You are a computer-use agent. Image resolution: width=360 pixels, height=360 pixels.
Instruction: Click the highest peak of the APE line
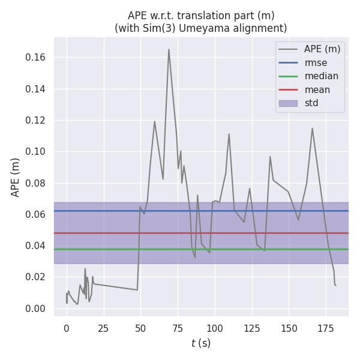pyautogui.click(x=169, y=49)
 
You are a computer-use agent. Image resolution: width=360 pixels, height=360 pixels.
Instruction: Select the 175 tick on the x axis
pyautogui.click(x=326, y=328)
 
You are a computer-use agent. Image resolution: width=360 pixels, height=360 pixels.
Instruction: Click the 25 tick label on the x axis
pyautogui.click(x=104, y=328)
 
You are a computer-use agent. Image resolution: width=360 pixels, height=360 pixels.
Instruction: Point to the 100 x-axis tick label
pyautogui.click(x=215, y=328)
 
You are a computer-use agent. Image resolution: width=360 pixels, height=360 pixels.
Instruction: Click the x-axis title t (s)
pyautogui.click(x=201, y=344)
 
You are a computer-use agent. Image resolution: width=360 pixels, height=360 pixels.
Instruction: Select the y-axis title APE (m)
pyautogui.click(x=16, y=177)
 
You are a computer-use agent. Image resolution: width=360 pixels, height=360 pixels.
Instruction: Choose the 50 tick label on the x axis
pyautogui.click(x=140, y=328)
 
